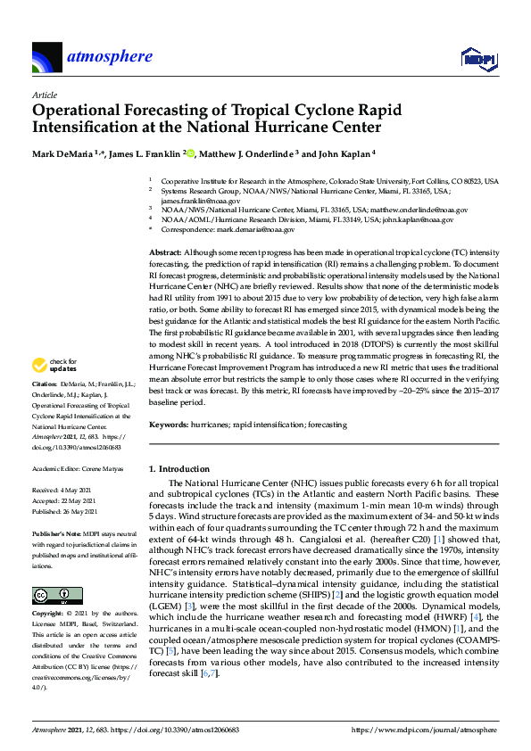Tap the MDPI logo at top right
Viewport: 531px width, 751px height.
point(477,59)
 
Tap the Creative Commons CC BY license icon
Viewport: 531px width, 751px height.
point(51,594)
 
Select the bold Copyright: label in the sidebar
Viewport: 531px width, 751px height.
point(50,615)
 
